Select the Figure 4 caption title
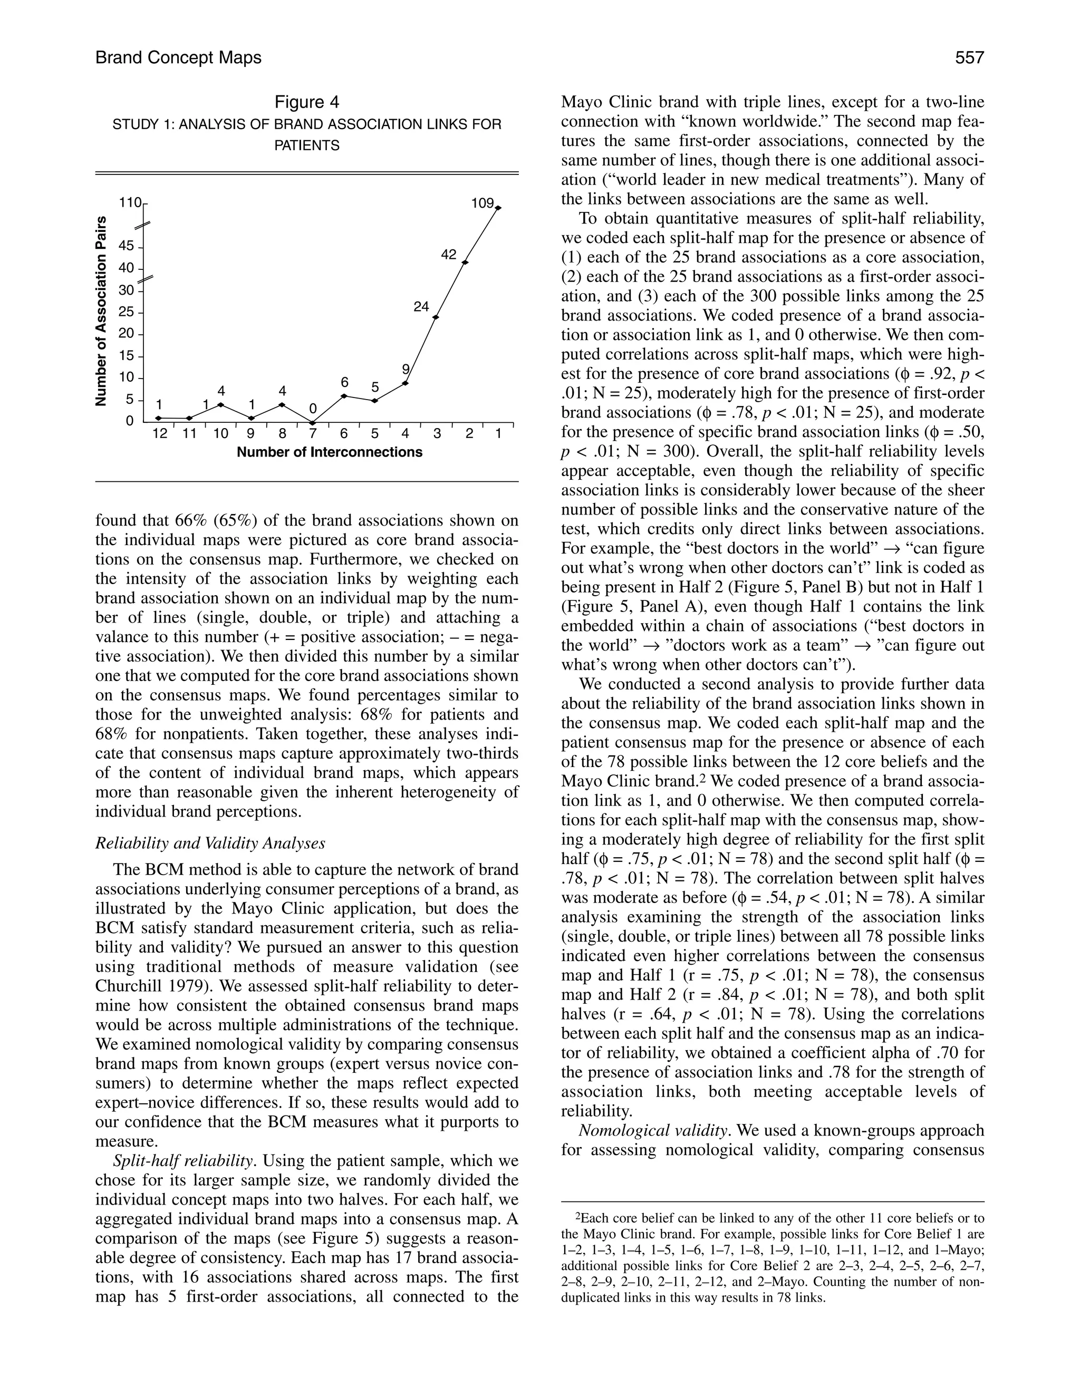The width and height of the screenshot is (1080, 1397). point(306,102)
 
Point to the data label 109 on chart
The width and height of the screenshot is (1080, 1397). point(483,203)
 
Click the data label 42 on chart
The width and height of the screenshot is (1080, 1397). point(449,255)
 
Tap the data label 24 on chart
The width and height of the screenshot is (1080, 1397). point(420,306)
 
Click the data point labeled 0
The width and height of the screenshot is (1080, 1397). point(313,422)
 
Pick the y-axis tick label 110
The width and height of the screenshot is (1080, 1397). point(129,203)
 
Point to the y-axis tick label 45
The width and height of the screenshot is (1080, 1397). point(126,246)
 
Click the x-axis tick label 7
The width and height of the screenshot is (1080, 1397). point(313,434)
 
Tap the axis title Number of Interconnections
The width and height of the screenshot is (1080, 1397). point(330,452)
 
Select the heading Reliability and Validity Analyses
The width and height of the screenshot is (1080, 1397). point(210,843)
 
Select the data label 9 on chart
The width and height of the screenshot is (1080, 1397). point(405,369)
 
